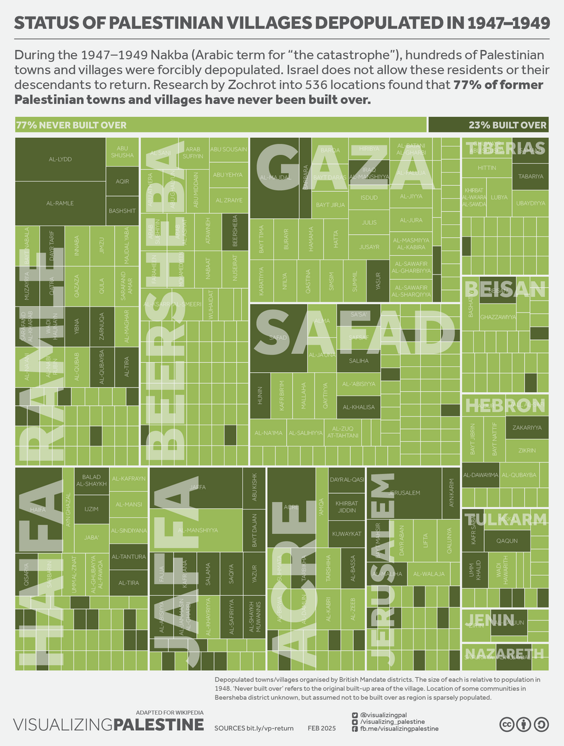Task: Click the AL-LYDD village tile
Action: pyautogui.click(x=61, y=159)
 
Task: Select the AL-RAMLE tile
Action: pyautogui.click(x=61, y=203)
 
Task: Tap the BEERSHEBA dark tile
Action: pyautogui.click(x=235, y=232)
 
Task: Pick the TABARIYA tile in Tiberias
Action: pyautogui.click(x=530, y=176)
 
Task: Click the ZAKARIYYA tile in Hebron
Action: pyautogui.click(x=527, y=427)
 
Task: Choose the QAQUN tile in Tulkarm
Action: pyautogui.click(x=507, y=541)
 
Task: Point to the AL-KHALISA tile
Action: pyautogui.click(x=358, y=407)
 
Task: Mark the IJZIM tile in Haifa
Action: pyautogui.click(x=91, y=509)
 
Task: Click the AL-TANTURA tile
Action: pyautogui.click(x=128, y=556)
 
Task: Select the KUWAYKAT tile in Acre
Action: pyautogui.click(x=347, y=534)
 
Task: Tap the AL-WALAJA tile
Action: pyautogui.click(x=429, y=573)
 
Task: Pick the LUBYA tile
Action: pyautogui.click(x=499, y=197)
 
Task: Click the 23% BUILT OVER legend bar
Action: pyautogui.click(x=489, y=124)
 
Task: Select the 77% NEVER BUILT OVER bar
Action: pyautogui.click(x=220, y=124)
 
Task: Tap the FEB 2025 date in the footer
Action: pyautogui.click(x=321, y=728)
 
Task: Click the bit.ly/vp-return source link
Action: pyautogui.click(x=270, y=728)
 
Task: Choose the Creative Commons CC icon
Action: pyautogui.click(x=506, y=724)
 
